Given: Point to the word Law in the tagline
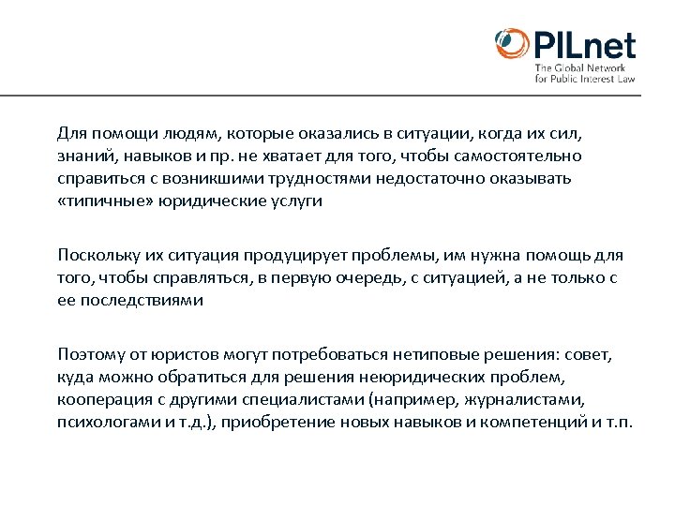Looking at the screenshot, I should [626, 80].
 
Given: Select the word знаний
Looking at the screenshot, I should [82, 155].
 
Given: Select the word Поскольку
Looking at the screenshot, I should [95, 255].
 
